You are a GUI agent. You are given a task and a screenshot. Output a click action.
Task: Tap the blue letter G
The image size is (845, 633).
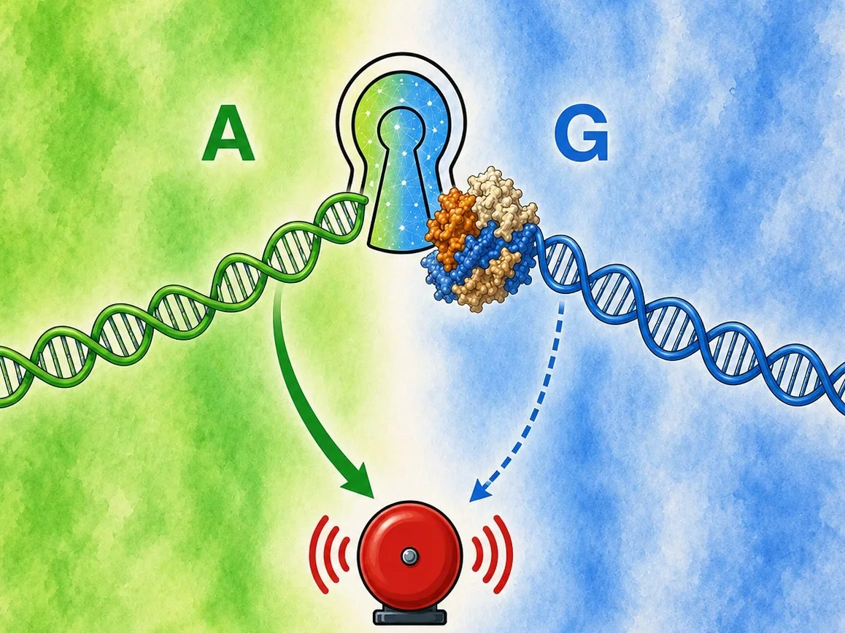point(582,135)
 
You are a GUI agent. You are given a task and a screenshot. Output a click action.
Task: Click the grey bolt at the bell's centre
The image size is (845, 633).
point(409,555)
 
